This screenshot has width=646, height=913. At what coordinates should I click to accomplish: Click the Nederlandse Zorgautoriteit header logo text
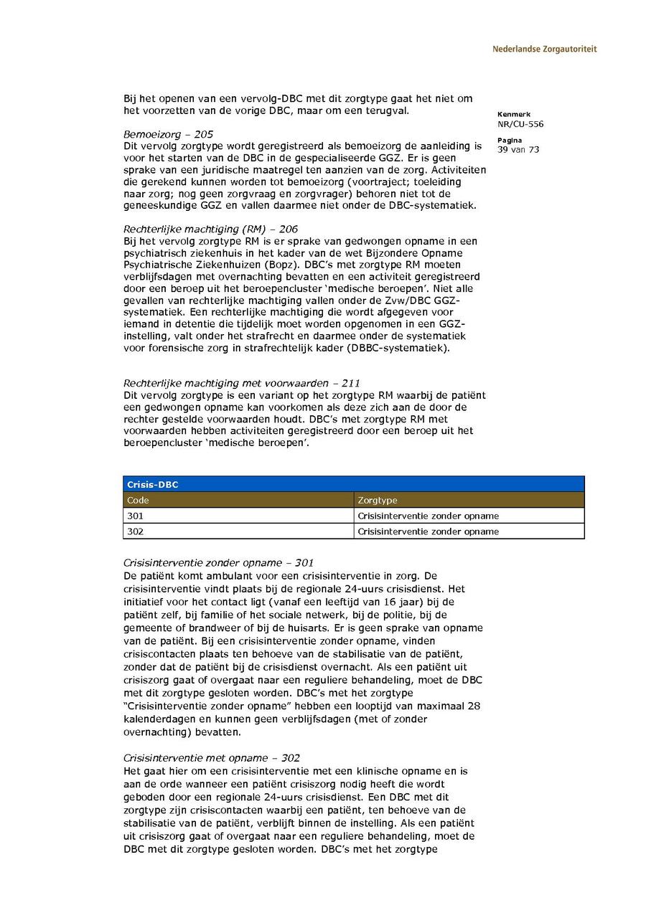click(544, 49)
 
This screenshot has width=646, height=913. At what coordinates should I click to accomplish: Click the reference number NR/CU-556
click(520, 124)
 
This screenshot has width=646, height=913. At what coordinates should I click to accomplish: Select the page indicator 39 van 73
click(518, 150)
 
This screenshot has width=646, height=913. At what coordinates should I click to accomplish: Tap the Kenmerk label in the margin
click(513, 114)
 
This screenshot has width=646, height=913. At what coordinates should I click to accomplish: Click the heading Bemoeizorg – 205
click(168, 134)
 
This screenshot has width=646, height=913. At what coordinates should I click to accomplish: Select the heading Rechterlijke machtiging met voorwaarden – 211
click(236, 384)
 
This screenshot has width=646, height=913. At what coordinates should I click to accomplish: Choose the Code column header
click(138, 500)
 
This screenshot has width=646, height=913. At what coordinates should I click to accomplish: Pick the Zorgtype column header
click(377, 500)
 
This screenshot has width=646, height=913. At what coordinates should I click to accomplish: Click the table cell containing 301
click(135, 516)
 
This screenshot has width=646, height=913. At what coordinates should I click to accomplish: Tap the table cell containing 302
click(135, 531)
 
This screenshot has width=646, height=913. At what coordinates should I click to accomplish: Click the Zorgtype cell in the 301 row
click(428, 516)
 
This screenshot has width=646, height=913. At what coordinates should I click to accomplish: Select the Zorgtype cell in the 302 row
click(428, 531)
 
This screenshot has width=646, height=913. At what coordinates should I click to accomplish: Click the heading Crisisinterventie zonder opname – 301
click(218, 563)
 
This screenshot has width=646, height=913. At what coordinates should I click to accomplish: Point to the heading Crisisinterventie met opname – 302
click(212, 758)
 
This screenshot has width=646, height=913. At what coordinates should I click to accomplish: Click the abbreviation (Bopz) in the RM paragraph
click(287, 265)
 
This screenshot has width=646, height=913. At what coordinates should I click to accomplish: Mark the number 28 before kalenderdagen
click(474, 706)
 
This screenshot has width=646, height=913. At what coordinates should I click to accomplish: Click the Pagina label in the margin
click(510, 141)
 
